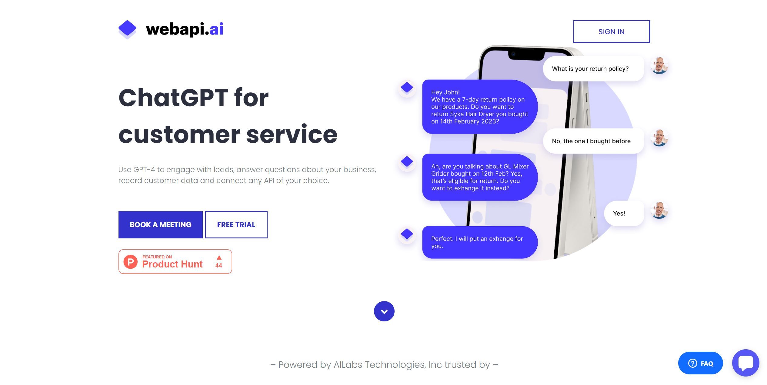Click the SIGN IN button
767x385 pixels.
(x=611, y=32)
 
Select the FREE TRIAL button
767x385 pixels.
(x=236, y=225)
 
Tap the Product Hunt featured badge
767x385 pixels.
(x=175, y=262)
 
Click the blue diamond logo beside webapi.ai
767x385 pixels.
(x=127, y=29)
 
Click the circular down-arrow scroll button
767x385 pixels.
(x=384, y=311)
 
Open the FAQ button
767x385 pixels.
(x=700, y=363)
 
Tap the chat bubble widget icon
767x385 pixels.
(x=745, y=363)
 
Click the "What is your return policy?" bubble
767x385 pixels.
(x=590, y=69)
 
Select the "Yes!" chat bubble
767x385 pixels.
(x=619, y=214)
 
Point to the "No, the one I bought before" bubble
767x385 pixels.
(x=591, y=141)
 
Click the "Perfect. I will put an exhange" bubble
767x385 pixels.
(x=479, y=242)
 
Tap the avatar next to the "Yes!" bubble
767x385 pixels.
(x=659, y=210)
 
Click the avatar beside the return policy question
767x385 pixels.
(x=659, y=65)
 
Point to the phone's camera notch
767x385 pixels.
(x=526, y=55)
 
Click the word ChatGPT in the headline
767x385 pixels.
(x=173, y=98)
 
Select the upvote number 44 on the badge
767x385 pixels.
(x=219, y=265)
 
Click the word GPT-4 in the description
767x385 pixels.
(x=144, y=170)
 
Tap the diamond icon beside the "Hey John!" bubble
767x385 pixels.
(x=407, y=88)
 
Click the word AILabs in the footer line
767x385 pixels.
(x=348, y=365)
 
